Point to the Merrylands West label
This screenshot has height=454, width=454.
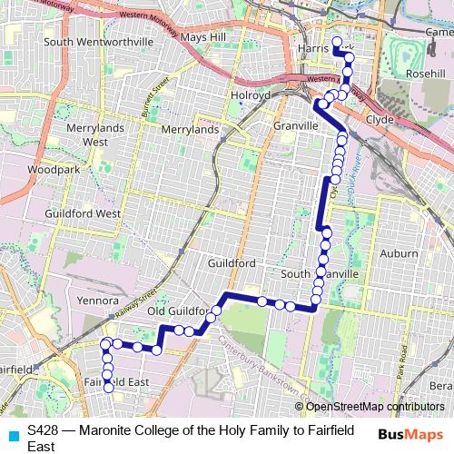click(88, 135)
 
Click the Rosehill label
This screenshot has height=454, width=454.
click(424, 74)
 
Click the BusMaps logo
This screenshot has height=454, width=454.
click(410, 434)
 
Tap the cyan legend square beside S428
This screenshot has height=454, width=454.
click(11, 434)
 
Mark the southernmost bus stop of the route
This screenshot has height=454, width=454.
click(108, 389)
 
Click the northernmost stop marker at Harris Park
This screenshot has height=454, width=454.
click(337, 42)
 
